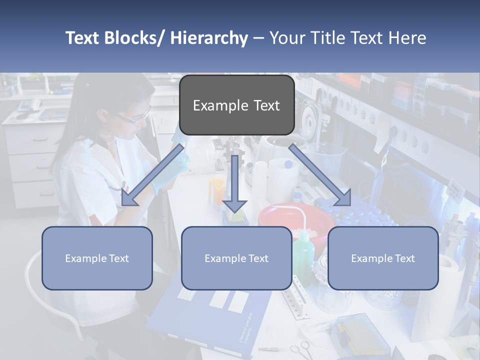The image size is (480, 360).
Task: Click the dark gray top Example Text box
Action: pyautogui.click(x=236, y=105)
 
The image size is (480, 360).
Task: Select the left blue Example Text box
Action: pyautogui.click(x=97, y=258)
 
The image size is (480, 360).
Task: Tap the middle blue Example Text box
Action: pyautogui.click(x=236, y=258)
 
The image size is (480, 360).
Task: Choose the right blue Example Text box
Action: pyautogui.click(x=383, y=258)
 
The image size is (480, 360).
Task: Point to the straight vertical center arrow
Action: pyautogui.click(x=235, y=182)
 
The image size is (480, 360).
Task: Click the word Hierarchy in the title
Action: pyautogui.click(x=208, y=38)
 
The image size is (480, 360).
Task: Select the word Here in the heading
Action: pyautogui.click(x=406, y=38)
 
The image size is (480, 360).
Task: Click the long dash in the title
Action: pyautogui.click(x=258, y=38)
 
